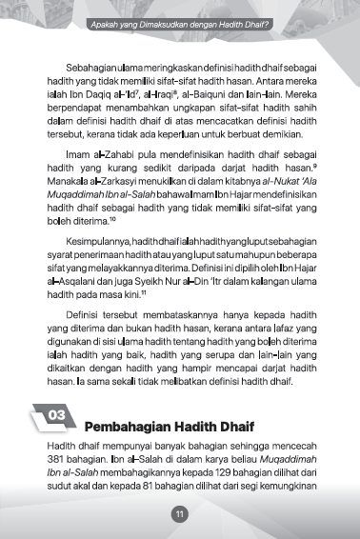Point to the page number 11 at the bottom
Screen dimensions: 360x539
click(x=179, y=515)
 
